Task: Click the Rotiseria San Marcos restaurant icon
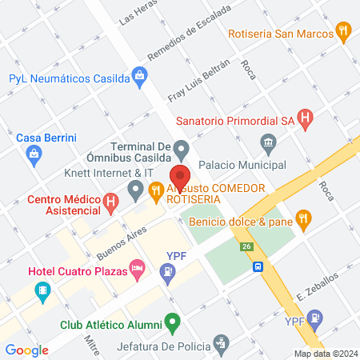coord(344,33)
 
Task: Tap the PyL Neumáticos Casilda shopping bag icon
coord(140,78)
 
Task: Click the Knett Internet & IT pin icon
coord(135,190)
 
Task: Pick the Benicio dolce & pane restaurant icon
coord(302,218)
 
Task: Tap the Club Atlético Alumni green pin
coord(170,324)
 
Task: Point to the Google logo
coord(26,350)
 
